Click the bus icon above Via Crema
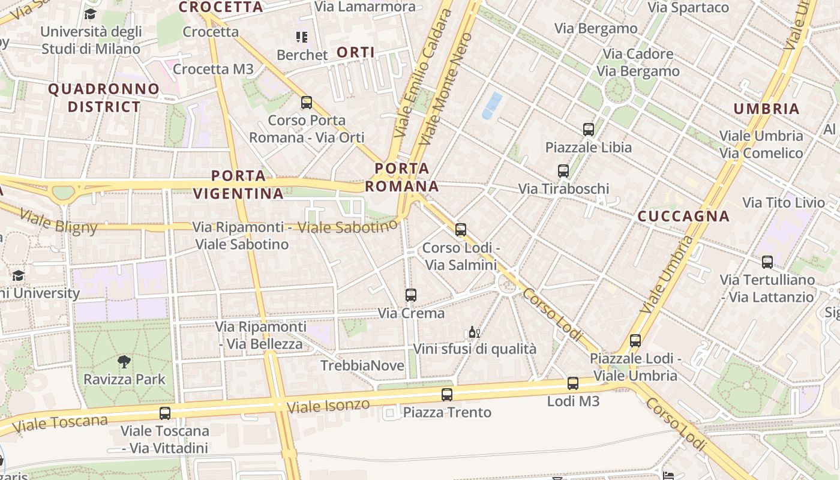tap(410, 295)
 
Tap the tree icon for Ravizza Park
tap(124, 361)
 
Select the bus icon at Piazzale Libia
tap(588, 129)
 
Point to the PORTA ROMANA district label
tap(402, 177)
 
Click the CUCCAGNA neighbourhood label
tap(683, 216)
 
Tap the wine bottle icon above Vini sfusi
tap(474, 332)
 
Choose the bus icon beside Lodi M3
tap(573, 383)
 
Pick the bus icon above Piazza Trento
tap(446, 394)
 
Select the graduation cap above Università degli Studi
tap(90, 14)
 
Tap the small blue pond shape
tap(492, 105)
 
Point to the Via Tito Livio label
tap(784, 203)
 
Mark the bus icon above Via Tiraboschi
tap(563, 170)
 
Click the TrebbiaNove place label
tap(362, 365)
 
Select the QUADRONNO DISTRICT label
tap(104, 98)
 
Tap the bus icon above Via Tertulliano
tap(767, 262)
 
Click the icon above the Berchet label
tap(301, 37)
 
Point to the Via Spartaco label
tap(688, 8)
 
